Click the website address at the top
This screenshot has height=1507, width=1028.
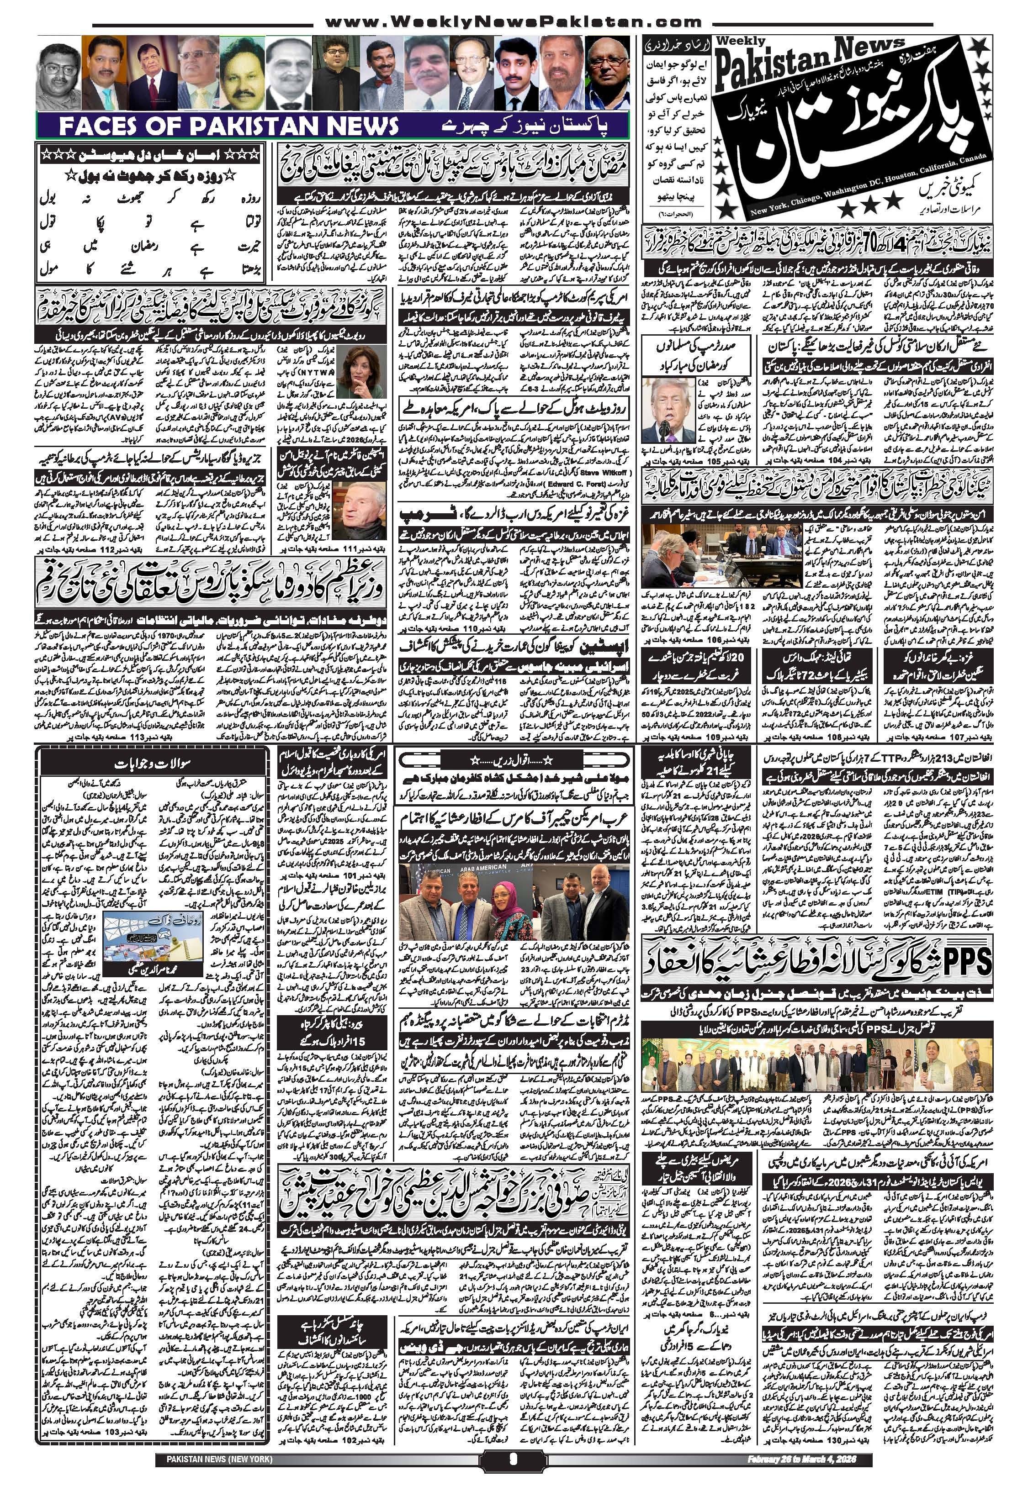pos(512,23)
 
